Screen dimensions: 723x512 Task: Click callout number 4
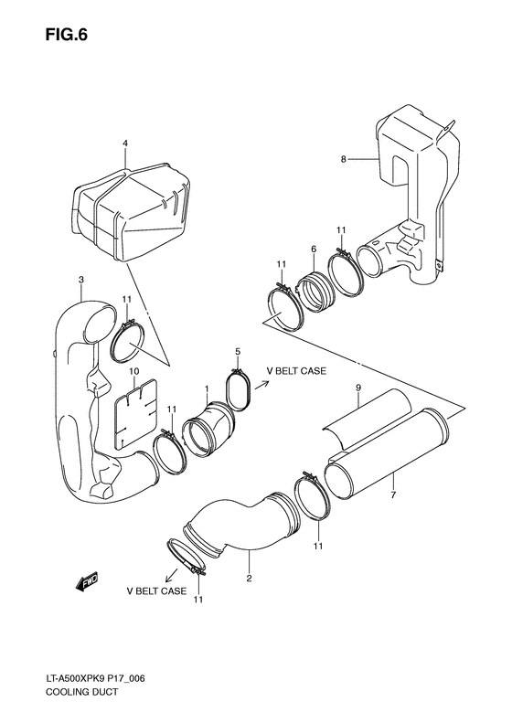click(x=125, y=143)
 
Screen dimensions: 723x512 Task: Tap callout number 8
click(x=343, y=159)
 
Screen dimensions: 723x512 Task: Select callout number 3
click(x=81, y=279)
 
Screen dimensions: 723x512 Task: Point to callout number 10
click(x=133, y=371)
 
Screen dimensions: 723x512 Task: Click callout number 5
click(x=237, y=351)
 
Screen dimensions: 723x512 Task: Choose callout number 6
click(x=313, y=248)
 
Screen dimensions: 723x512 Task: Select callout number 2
click(x=249, y=578)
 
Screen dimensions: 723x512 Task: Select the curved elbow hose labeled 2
click(x=242, y=530)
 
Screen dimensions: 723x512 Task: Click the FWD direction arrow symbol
click(x=89, y=581)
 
